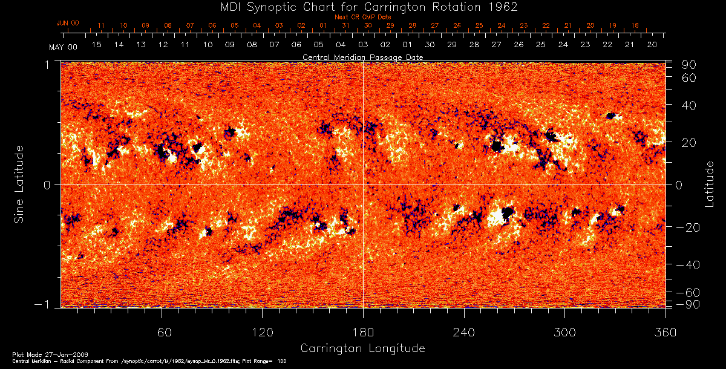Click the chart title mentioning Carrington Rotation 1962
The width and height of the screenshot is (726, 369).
[x=362, y=7]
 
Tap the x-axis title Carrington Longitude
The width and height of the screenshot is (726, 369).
[x=362, y=348]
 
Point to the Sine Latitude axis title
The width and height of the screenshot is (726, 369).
[x=19, y=184]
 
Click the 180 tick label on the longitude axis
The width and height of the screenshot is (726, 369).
[x=363, y=332]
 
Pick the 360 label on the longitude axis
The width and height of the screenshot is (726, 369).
[x=665, y=332]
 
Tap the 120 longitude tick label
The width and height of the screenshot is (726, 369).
[x=263, y=332]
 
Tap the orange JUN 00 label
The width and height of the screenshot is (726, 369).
[x=67, y=23]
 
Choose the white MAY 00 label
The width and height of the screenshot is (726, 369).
[x=63, y=47]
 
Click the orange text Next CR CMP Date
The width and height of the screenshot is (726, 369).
[x=362, y=18]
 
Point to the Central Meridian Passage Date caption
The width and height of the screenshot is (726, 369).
[x=362, y=57]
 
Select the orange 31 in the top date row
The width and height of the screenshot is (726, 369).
[x=345, y=26]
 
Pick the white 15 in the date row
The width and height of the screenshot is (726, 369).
[x=97, y=45]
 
